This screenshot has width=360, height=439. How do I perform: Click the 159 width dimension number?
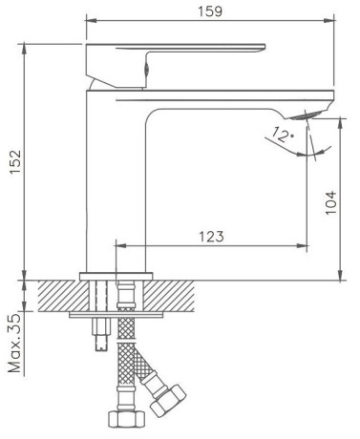click(210, 11)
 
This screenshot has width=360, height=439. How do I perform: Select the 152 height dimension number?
click(15, 161)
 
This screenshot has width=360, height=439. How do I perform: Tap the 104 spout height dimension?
click(330, 202)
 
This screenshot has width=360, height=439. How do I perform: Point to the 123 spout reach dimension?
click(212, 237)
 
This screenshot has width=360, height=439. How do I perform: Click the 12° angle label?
click(283, 135)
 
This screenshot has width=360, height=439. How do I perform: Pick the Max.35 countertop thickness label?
click(15, 343)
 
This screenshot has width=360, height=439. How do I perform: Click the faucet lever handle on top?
click(176, 65)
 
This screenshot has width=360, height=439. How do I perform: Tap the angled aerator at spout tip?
click(307, 115)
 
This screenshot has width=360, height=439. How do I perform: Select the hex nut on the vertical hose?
click(127, 419)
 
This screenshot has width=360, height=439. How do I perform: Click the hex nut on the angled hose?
click(168, 400)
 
